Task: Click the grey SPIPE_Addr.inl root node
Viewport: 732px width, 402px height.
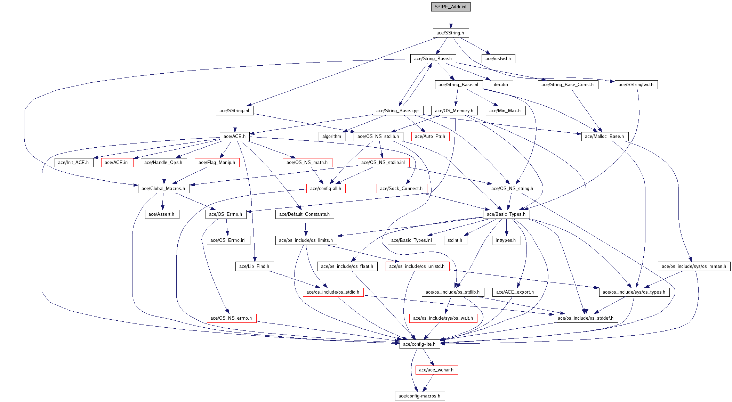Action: [x=451, y=7]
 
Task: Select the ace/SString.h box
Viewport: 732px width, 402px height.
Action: [x=451, y=33]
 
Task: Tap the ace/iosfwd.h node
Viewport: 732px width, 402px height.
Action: [x=498, y=58]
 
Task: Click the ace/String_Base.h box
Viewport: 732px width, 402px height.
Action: [x=433, y=58]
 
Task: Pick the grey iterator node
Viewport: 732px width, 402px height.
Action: [x=501, y=84]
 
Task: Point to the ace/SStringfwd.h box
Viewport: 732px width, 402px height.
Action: [x=636, y=84]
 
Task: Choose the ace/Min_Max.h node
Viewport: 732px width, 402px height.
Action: [x=505, y=110]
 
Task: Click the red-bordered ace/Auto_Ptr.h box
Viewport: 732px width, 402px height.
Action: [x=430, y=136]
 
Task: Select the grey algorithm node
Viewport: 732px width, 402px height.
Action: [x=332, y=136]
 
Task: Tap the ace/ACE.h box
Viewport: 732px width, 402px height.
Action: [x=234, y=136]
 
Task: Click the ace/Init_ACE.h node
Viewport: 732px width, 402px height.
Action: [x=73, y=162]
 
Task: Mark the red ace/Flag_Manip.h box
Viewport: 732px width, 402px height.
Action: [x=217, y=162]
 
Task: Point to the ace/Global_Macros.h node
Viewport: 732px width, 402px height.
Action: [x=163, y=188]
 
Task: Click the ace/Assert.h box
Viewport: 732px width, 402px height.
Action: [x=161, y=214]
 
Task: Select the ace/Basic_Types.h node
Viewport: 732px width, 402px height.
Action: [x=506, y=214]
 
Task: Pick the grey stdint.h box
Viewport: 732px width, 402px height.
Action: [x=455, y=240]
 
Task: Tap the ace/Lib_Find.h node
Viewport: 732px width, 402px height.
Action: [x=254, y=266]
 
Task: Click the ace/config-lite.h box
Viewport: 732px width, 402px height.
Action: [x=419, y=344]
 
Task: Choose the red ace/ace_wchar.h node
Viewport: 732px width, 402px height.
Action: [x=436, y=370]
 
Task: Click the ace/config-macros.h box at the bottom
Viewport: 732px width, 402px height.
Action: [x=419, y=396]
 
